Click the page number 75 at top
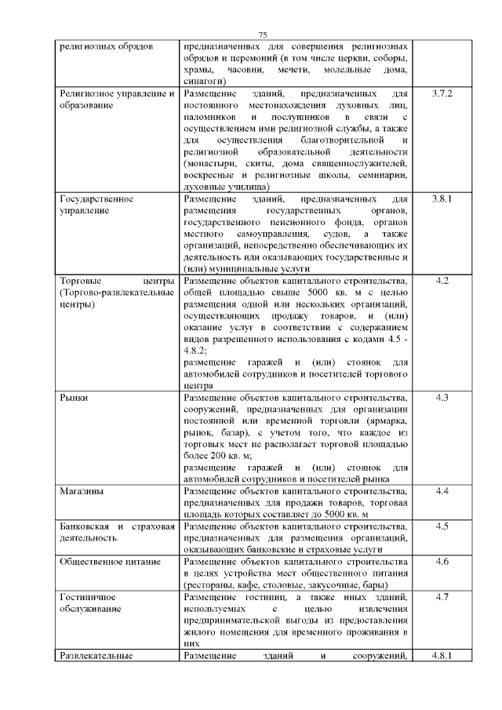263,35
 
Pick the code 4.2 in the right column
442,281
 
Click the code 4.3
442,398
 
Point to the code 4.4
442,491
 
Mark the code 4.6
442,562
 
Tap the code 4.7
442,597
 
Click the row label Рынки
74,398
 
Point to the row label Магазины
82,491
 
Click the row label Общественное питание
111,562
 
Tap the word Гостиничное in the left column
88,597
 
